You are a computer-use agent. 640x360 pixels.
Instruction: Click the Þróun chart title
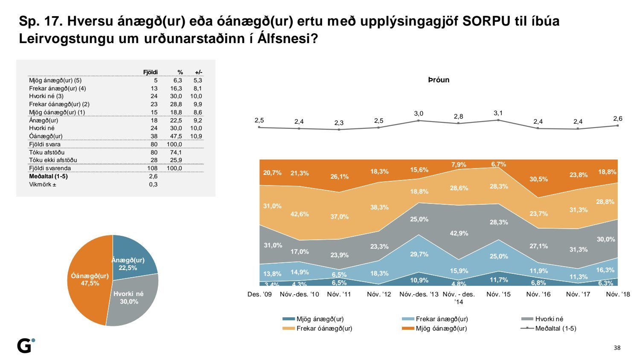(439, 80)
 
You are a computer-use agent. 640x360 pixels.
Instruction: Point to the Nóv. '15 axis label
(498, 294)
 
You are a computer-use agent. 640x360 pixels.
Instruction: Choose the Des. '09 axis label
(259, 294)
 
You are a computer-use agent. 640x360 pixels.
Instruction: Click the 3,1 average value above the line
(498, 113)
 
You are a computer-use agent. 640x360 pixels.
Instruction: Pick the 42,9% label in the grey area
(459, 233)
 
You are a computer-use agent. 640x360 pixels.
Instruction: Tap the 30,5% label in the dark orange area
(538, 179)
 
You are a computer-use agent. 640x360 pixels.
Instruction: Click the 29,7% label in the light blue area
(419, 254)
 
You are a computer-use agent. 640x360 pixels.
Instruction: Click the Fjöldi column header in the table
(151, 72)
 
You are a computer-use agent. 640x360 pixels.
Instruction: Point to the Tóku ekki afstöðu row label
(53, 160)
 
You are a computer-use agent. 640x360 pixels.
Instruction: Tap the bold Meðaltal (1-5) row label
(48, 176)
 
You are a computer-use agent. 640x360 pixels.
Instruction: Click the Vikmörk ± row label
(43, 184)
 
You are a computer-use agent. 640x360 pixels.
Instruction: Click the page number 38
(617, 348)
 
